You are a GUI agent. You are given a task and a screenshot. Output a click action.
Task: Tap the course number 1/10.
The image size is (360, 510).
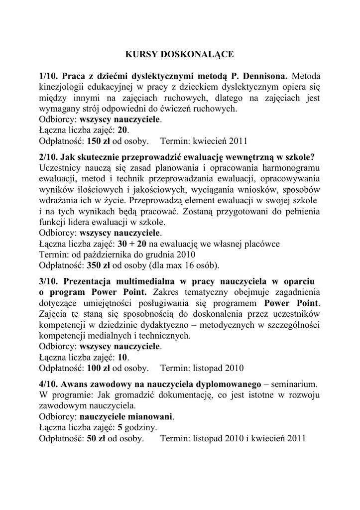click(x=49, y=77)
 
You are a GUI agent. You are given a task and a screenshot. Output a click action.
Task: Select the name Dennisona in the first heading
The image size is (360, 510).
click(x=263, y=77)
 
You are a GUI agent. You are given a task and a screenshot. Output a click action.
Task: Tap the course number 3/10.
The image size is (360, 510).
click(x=49, y=280)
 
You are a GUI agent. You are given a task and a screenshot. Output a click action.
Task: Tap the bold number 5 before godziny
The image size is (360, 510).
click(x=120, y=428)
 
